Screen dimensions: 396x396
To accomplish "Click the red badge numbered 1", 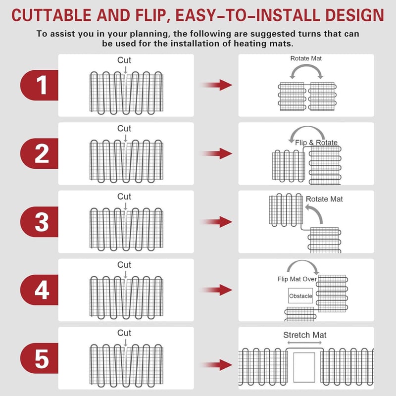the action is (x=40, y=85).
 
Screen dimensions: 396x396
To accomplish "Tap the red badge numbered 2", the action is (x=40, y=153).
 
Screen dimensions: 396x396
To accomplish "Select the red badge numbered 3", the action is (x=40, y=222).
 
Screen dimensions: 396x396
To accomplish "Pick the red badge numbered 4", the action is (x=40, y=290).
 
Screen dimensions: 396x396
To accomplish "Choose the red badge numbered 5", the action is (x=40, y=358).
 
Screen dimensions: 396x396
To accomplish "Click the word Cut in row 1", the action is (x=124, y=60).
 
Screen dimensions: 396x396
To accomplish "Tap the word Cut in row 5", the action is (x=124, y=333).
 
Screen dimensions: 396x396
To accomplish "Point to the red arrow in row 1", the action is (x=217, y=85).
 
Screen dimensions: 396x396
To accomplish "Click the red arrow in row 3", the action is (x=217, y=222).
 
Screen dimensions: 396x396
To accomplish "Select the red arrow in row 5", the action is (x=217, y=365).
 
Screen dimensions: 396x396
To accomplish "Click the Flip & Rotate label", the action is (x=316, y=143).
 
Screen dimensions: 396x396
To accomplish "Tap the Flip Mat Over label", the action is (x=297, y=279).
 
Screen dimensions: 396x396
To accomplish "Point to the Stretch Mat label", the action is (x=305, y=335).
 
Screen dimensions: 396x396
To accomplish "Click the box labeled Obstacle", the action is (x=300, y=296).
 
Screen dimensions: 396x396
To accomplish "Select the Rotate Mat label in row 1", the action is (x=306, y=58).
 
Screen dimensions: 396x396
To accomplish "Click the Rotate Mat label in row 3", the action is (x=324, y=199).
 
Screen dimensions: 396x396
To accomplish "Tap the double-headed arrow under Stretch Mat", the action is (x=304, y=343).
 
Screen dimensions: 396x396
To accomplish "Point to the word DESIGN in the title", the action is (x=354, y=15).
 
